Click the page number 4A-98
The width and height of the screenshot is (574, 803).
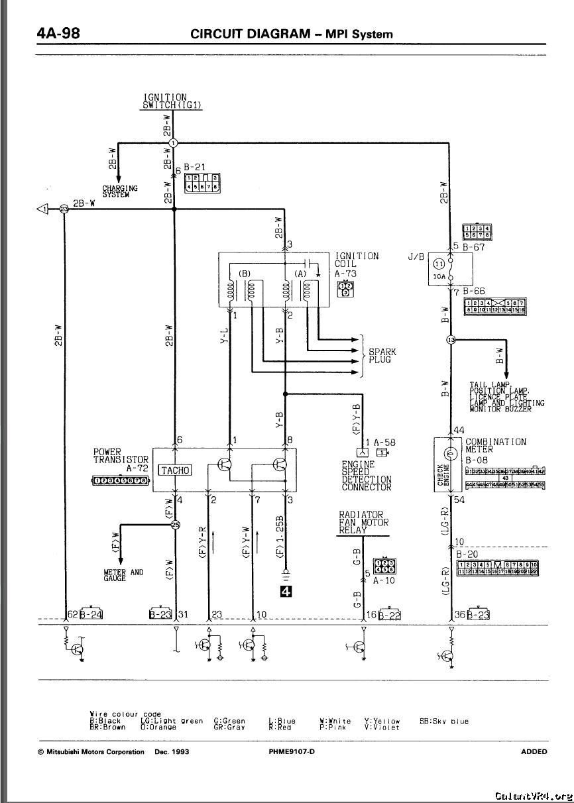click(x=58, y=33)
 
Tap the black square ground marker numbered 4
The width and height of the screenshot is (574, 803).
click(x=286, y=592)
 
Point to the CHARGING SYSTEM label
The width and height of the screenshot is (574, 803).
click(x=120, y=191)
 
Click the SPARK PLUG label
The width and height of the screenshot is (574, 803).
click(x=382, y=356)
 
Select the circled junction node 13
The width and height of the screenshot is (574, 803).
click(x=451, y=340)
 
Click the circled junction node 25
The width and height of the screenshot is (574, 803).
click(x=175, y=525)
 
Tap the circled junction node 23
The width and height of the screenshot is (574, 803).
click(x=64, y=209)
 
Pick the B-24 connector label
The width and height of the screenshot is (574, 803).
click(x=91, y=614)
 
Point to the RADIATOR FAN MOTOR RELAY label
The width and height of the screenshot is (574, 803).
click(x=361, y=522)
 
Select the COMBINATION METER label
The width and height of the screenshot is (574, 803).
click(x=495, y=445)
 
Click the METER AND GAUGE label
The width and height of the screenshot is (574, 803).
click(x=123, y=575)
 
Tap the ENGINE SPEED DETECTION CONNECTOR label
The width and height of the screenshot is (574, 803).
click(x=367, y=476)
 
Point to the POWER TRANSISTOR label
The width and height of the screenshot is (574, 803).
click(x=121, y=455)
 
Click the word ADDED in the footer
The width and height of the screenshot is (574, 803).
click(x=534, y=751)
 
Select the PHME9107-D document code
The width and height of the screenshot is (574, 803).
click(x=292, y=751)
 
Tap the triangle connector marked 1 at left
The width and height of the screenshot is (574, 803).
click(x=43, y=209)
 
